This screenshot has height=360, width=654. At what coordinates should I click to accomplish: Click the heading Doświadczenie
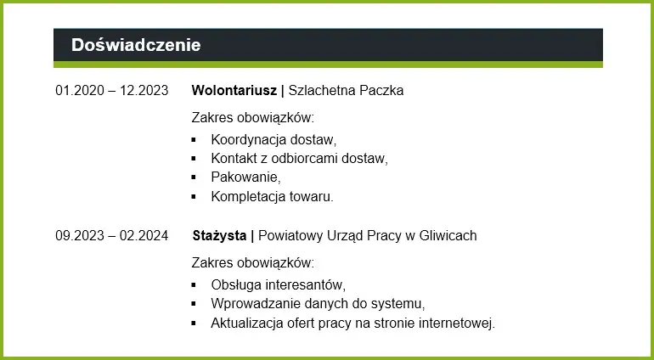(136, 45)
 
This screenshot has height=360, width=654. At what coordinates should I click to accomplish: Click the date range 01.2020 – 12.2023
(111, 91)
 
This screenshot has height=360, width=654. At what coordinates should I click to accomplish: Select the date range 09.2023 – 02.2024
(111, 236)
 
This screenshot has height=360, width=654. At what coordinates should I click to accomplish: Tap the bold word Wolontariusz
(234, 91)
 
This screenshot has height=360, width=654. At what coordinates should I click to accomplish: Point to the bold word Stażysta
(219, 236)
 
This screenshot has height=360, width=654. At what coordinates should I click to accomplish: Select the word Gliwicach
(448, 236)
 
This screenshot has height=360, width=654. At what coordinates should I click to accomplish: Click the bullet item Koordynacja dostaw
(273, 140)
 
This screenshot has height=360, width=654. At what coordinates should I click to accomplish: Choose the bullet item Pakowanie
(245, 177)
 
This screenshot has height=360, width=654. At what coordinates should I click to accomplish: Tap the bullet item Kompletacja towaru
(272, 196)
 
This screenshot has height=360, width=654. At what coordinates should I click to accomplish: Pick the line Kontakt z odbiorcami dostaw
(299, 159)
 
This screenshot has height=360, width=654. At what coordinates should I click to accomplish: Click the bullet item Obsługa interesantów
(278, 285)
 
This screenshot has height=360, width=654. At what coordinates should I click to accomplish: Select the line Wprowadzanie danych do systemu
(318, 304)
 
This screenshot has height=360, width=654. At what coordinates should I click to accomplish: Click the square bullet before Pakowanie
(194, 177)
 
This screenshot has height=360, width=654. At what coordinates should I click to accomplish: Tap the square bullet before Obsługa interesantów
(194, 285)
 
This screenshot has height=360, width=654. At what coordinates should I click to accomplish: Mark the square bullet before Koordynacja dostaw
(194, 140)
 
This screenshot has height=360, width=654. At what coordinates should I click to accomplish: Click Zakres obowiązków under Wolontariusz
(253, 118)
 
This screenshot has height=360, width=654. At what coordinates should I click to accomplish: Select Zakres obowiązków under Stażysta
(253, 263)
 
